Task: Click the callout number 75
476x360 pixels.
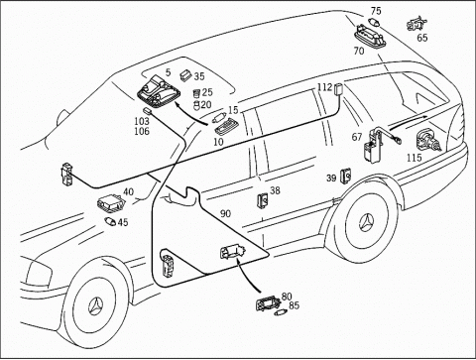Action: pos(376,11)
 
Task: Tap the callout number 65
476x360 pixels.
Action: pos(422,38)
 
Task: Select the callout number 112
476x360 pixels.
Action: pos(324,87)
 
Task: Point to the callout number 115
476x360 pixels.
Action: pos(415,158)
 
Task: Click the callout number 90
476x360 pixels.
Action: pos(225,214)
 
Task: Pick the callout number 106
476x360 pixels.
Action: pos(142,131)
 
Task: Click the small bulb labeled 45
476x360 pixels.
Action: pos(110,221)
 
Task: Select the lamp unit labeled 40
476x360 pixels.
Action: pos(111,203)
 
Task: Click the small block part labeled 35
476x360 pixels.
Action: pos(185,75)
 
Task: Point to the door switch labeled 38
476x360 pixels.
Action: pos(263,200)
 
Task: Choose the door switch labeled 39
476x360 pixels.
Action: pos(346,176)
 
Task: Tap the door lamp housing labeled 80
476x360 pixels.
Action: pos(268,302)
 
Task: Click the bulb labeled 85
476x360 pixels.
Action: pos(281,312)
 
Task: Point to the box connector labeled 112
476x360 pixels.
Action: pos(338,89)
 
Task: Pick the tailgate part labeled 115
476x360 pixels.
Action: pos(428,141)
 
